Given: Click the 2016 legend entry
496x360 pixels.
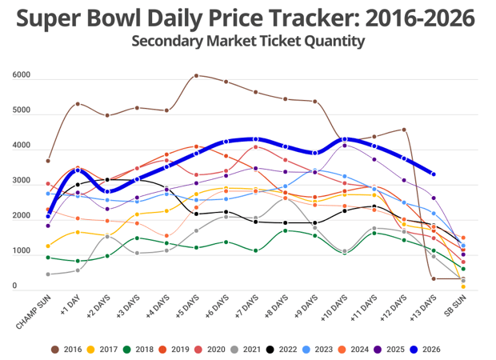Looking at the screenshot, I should pyautogui.click(x=69, y=349).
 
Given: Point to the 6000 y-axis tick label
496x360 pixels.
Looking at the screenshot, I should pyautogui.click(x=22, y=76).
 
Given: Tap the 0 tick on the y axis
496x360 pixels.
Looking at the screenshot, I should pyautogui.click(x=14, y=286).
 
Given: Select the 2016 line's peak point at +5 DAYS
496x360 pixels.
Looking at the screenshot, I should pyautogui.click(x=197, y=76).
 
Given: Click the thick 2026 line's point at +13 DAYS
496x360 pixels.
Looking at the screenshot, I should pyautogui.click(x=433, y=174).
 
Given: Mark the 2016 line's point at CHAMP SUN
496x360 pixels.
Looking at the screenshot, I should pyautogui.click(x=48, y=161).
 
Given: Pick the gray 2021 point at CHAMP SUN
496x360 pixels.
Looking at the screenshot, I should pyautogui.click(x=48, y=274).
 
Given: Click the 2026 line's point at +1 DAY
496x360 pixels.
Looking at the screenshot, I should pyautogui.click(x=78, y=170).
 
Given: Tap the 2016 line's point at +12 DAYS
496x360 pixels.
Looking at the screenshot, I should pyautogui.click(x=404, y=130).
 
